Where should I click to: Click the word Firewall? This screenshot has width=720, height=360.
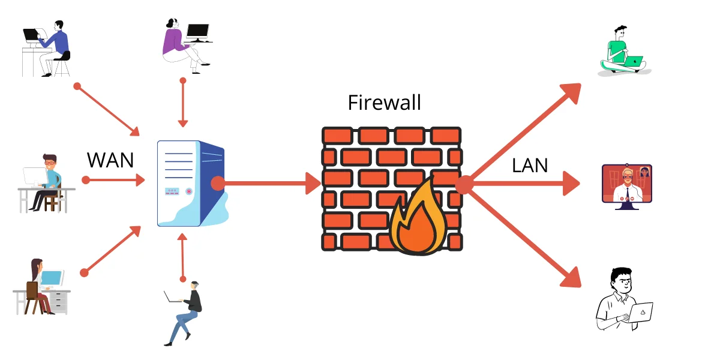[x=384, y=102]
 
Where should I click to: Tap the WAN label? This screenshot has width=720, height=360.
[x=110, y=161]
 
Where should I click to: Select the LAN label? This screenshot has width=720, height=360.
[x=530, y=165]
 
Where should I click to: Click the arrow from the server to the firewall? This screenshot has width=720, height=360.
[x=270, y=183]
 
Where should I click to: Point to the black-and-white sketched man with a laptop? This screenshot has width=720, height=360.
[x=623, y=300]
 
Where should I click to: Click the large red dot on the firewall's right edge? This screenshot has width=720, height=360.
[x=464, y=185]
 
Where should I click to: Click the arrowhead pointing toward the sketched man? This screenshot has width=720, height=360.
[x=571, y=277]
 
